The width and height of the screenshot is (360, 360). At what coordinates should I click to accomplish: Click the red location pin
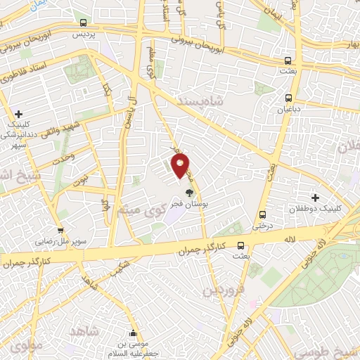click(x=181, y=166)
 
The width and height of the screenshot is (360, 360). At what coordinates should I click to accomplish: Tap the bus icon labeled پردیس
click(x=84, y=22)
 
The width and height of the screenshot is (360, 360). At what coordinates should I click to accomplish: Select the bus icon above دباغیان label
click(x=288, y=98)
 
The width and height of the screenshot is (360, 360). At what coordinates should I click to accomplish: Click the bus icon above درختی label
click(x=262, y=215)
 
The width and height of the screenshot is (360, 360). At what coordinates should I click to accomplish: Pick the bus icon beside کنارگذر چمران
click(x=241, y=246)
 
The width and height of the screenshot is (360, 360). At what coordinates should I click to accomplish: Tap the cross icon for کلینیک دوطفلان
click(x=315, y=199)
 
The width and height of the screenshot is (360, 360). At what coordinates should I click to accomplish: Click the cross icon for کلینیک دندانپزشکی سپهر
click(x=18, y=114)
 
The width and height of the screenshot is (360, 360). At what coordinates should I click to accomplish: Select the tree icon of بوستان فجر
click(x=188, y=192)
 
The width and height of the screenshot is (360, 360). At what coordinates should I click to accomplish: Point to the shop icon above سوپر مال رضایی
click(x=61, y=230)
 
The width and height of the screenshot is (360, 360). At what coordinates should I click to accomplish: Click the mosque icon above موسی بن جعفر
click(x=134, y=333)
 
